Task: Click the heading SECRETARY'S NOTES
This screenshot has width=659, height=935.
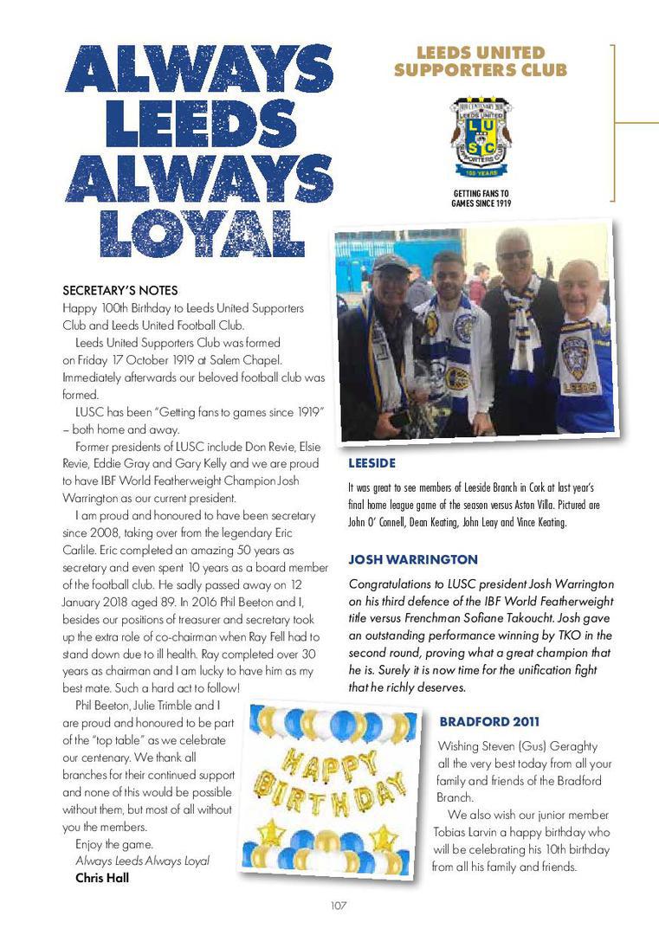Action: (120, 290)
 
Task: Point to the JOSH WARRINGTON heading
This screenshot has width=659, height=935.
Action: (413, 558)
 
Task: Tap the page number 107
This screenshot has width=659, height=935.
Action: (338, 906)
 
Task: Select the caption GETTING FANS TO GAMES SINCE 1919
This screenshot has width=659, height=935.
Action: (481, 198)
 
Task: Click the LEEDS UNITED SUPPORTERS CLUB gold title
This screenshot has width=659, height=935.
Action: (481, 61)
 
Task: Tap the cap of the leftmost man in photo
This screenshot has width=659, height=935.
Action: (391, 262)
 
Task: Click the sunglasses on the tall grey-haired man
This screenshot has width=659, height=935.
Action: (514, 255)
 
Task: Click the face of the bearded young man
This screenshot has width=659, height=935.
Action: (447, 279)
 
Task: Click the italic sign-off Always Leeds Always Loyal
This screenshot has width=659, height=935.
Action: (142, 861)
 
